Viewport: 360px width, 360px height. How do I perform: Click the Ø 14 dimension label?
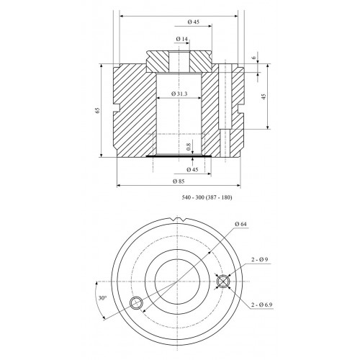point(181,39)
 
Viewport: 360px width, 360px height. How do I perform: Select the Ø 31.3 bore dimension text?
point(179,94)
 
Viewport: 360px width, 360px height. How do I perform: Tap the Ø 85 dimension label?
point(179,181)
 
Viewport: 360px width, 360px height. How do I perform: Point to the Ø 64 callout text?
point(240,224)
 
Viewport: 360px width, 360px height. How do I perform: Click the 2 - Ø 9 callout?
point(260,259)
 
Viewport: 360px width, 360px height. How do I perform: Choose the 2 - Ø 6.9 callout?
point(261,305)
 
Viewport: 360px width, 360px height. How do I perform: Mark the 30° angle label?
point(102,298)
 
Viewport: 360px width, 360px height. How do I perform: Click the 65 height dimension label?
point(97,110)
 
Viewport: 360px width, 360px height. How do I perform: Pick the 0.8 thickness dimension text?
point(189,147)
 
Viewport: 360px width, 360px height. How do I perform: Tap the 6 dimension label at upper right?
point(254,58)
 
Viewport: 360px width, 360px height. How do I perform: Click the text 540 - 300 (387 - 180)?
point(207,197)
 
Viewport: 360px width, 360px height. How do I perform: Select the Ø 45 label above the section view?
point(194,22)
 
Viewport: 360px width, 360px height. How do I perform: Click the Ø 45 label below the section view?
point(192,170)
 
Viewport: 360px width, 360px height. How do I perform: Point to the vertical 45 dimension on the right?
point(264,96)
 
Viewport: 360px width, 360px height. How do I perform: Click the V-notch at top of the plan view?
point(179,220)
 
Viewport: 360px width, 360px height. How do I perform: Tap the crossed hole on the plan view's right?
point(223,282)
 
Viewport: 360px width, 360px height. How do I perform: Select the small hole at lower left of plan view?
point(136,303)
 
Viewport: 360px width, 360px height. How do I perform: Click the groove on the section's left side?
point(117,108)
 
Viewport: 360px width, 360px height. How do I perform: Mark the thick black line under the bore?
point(179,156)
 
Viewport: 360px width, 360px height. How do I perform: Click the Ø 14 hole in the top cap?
point(179,62)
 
